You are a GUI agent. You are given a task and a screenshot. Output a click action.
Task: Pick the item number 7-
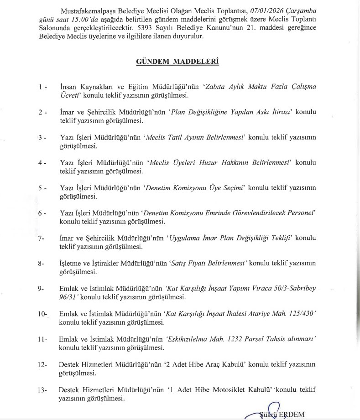[42, 239]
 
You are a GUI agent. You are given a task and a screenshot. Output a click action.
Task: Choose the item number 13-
[43, 390]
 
